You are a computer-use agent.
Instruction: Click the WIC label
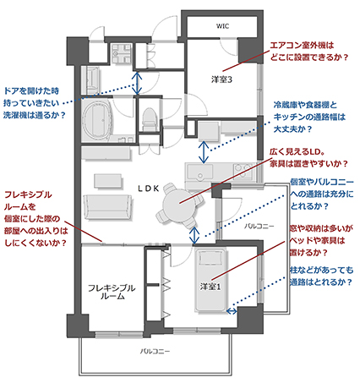(222, 26)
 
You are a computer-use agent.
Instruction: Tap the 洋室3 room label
(221, 79)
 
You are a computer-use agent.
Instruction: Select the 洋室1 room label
(210, 287)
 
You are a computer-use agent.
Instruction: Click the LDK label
(149, 189)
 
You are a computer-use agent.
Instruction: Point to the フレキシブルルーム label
(112, 292)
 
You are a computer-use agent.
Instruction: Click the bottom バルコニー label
(155, 351)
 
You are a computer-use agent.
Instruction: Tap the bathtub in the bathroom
(98, 120)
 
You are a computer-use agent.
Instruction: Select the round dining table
(179, 203)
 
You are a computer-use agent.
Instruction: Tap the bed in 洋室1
(210, 280)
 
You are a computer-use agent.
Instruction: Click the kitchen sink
(200, 172)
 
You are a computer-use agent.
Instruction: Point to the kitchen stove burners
(243, 171)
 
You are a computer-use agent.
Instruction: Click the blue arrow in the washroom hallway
(137, 83)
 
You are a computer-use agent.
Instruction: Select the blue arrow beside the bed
(232, 311)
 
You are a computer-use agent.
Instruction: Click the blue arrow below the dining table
(194, 235)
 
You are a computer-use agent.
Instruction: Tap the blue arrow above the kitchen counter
(204, 152)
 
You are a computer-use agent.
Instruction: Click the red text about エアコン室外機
(309, 51)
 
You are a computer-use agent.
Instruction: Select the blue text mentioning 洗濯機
(35, 103)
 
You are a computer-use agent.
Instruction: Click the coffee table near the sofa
(108, 181)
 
